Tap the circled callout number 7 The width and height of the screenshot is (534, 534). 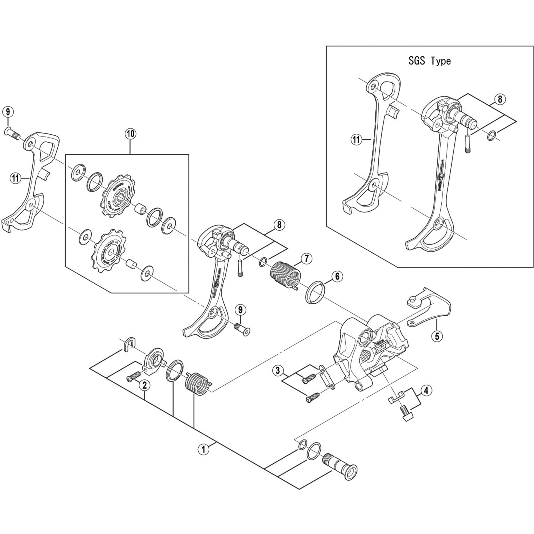(x=307, y=259)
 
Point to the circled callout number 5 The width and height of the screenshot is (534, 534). (x=437, y=336)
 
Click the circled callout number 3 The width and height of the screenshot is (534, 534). (x=278, y=370)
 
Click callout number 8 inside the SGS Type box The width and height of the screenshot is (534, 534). (x=500, y=99)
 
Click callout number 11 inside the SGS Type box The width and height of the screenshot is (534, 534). (x=356, y=140)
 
